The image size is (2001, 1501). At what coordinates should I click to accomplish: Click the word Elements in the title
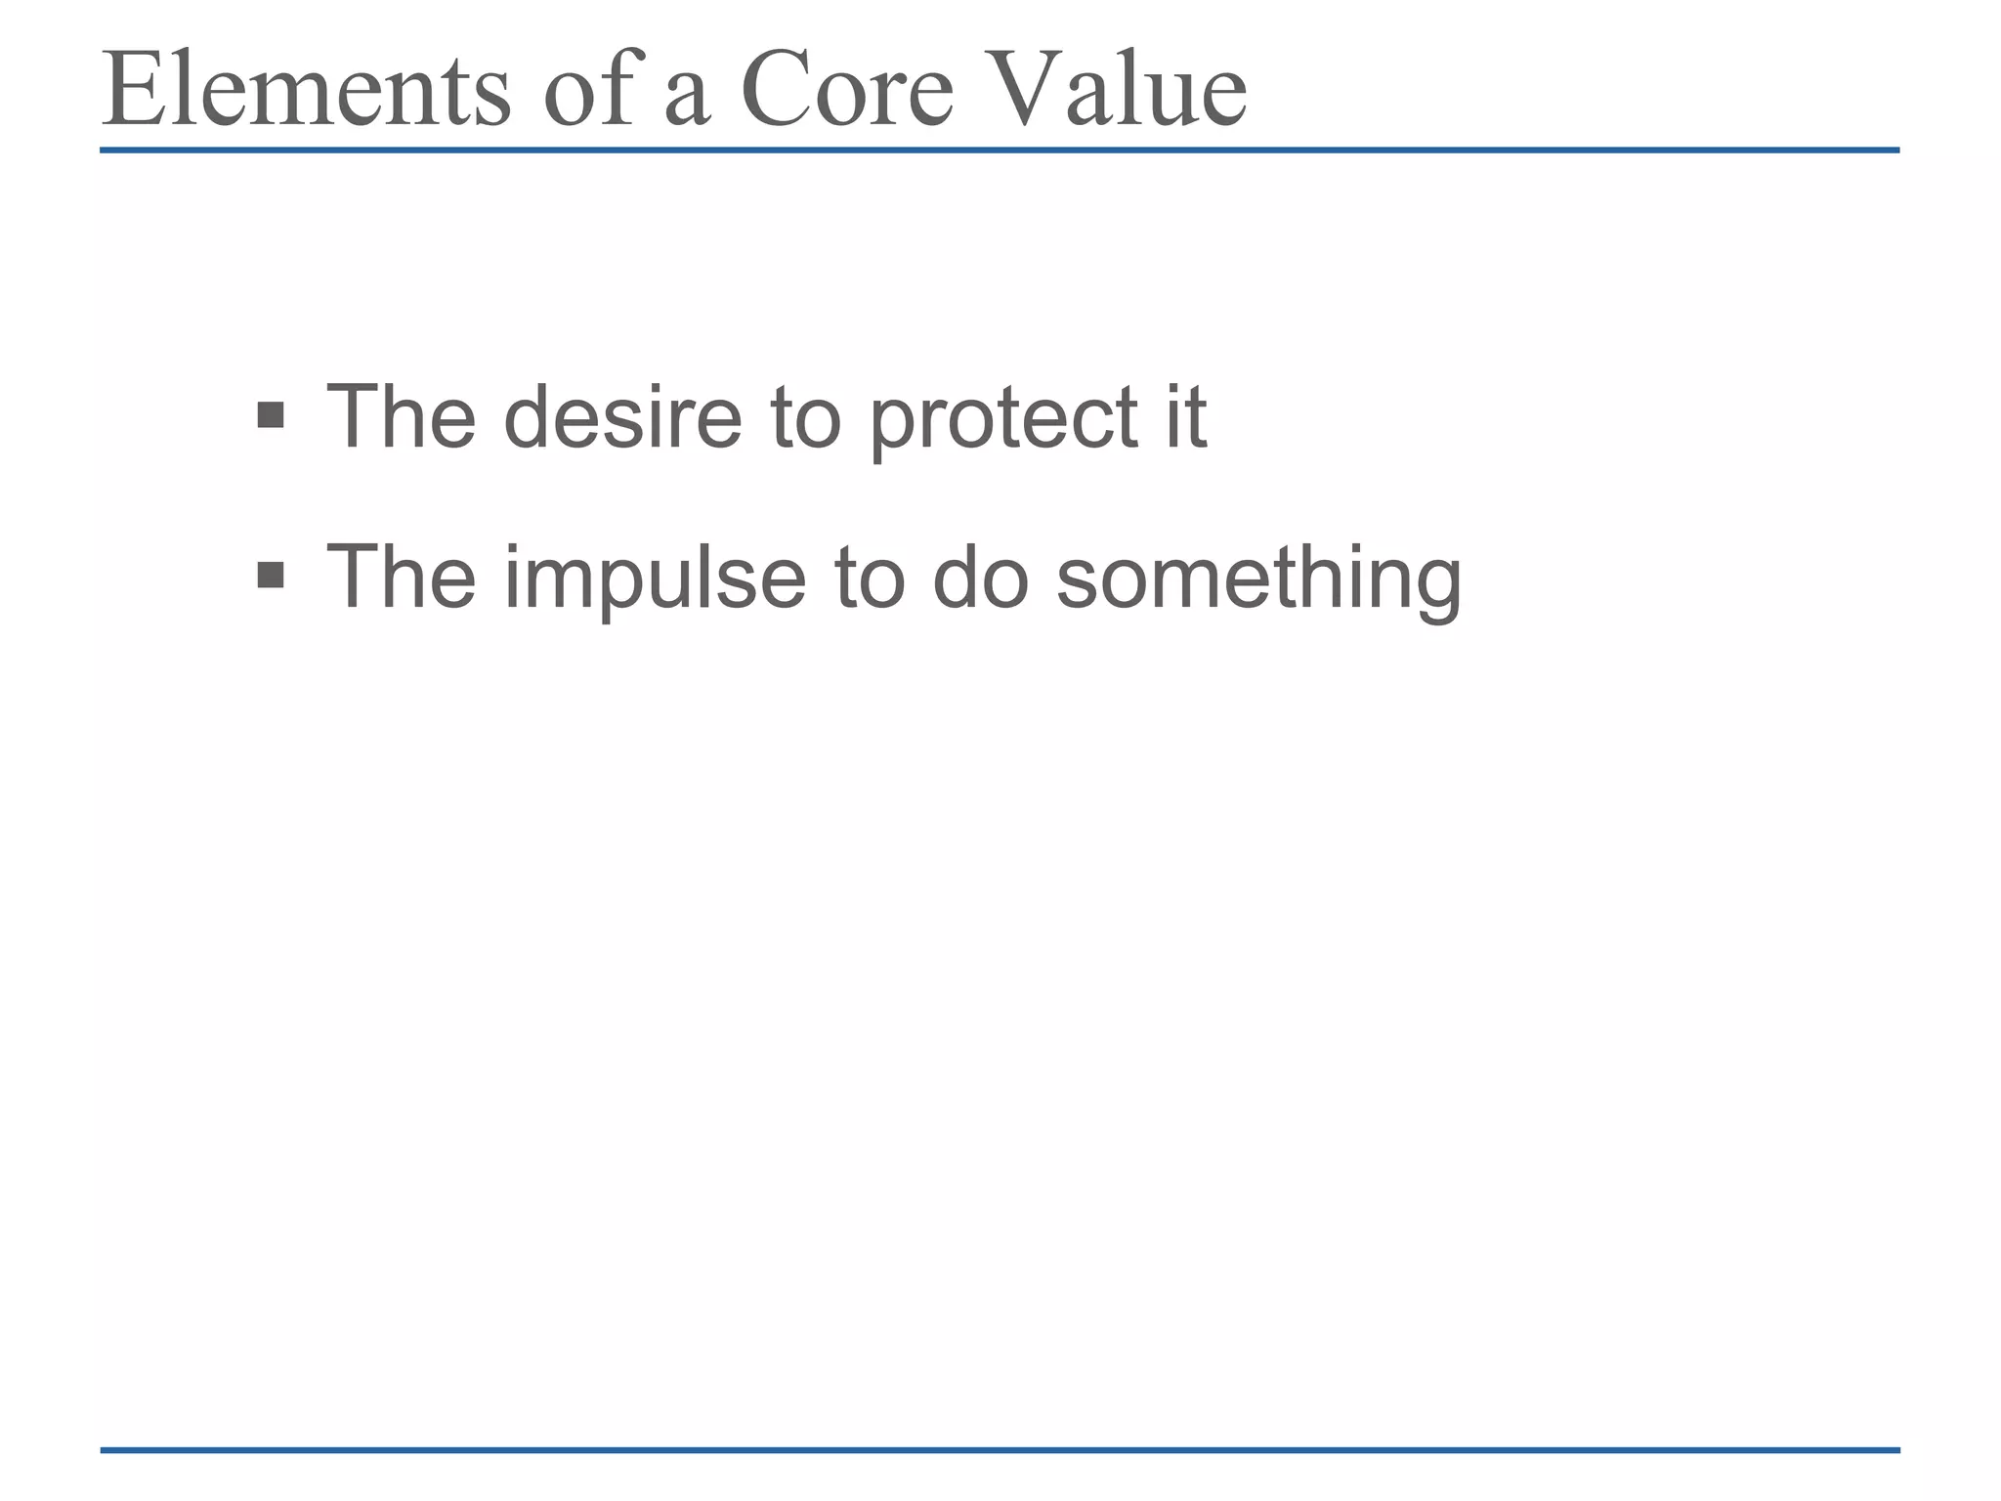[306, 90]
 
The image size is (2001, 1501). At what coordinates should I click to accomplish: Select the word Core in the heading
[846, 90]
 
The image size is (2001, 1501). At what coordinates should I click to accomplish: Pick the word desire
[622, 417]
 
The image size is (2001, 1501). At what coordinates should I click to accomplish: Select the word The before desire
[401, 417]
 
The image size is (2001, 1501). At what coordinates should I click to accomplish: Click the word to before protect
[805, 417]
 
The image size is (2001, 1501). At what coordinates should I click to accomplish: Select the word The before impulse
[401, 578]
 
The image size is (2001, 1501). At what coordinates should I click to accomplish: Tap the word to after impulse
[869, 578]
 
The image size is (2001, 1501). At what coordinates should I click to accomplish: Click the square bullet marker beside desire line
[270, 416]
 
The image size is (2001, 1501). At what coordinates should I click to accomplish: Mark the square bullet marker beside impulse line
[270, 576]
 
